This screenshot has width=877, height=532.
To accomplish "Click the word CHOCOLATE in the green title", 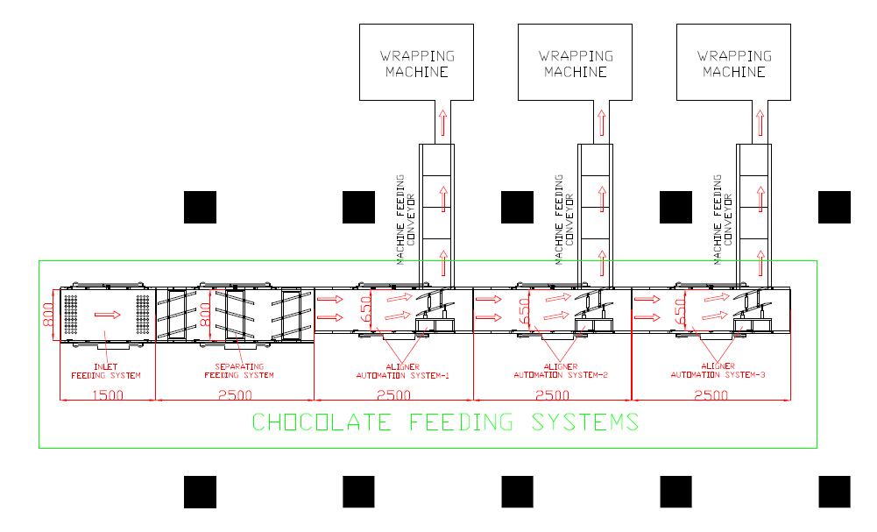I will click(x=326, y=422).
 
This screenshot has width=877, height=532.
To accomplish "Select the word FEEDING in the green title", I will click(x=461, y=422).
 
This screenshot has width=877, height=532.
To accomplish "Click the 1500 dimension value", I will click(x=107, y=395).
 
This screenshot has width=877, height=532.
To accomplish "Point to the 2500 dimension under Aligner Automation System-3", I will click(x=711, y=395).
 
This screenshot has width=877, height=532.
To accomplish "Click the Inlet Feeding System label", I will click(x=105, y=371).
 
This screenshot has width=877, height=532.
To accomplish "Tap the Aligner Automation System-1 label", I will click(x=402, y=371).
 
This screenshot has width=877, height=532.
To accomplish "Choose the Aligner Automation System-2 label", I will click(x=560, y=371).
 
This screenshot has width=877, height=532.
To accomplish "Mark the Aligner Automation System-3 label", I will click(x=718, y=371).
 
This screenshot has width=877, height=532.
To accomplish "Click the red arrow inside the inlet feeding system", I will click(x=107, y=315).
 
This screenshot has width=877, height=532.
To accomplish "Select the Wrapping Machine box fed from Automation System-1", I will click(x=417, y=61).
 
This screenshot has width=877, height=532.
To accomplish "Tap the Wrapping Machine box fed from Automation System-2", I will click(x=576, y=61).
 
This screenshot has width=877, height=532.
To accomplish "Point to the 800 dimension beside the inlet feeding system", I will click(x=49, y=315).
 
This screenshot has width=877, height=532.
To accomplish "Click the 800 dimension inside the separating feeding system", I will click(x=206, y=315).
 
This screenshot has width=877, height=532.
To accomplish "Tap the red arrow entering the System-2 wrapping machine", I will click(x=601, y=122).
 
